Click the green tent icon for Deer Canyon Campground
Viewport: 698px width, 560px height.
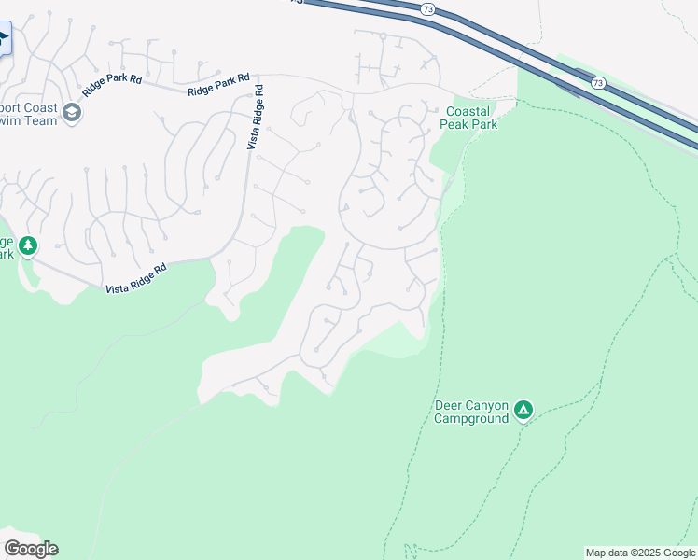pyautogui.click(x=524, y=409)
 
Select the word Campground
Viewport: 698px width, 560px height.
pyautogui.click(x=471, y=418)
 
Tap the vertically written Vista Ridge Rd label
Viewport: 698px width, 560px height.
pyautogui.click(x=255, y=118)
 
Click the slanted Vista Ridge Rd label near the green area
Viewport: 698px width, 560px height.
pyautogui.click(x=135, y=277)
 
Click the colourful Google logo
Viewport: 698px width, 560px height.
pyautogui.click(x=31, y=549)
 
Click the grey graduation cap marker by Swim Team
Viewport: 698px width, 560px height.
pyautogui.click(x=72, y=114)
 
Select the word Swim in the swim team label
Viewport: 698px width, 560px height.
pyautogui.click(x=11, y=120)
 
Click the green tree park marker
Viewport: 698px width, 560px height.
pyautogui.click(x=28, y=245)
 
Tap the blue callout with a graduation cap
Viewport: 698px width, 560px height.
pyautogui.click(x=4, y=39)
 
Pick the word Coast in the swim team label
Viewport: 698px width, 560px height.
pyautogui.click(x=41, y=105)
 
